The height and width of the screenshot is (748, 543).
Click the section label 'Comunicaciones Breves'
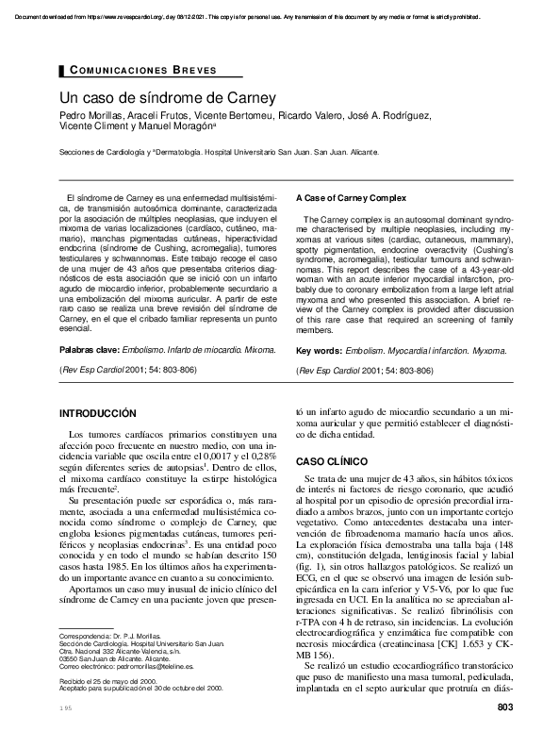pos(144,71)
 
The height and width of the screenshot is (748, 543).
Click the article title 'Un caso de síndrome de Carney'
pos(167,97)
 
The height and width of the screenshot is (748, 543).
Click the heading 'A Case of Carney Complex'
pos(352,198)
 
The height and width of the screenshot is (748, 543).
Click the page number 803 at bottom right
pos(504,734)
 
